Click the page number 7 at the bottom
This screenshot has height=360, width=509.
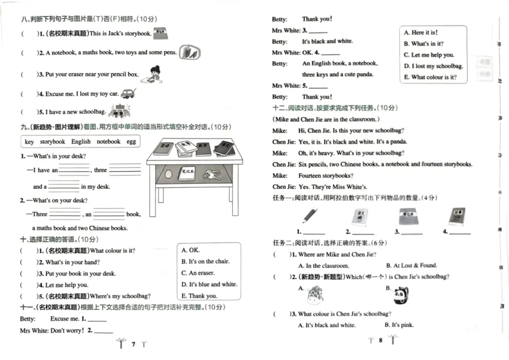pyautogui.click(x=133, y=344)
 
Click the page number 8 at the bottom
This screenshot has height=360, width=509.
pyautogui.click(x=380, y=341)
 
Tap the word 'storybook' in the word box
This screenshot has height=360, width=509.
pyautogui.click(x=53, y=141)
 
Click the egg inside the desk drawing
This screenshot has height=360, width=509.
pyautogui.click(x=167, y=173)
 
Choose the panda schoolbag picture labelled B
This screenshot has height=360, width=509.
pyautogui.click(x=400, y=294)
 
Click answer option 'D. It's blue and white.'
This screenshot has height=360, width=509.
pyautogui.click(x=209, y=284)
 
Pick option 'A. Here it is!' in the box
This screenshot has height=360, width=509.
pyautogui.click(x=421, y=32)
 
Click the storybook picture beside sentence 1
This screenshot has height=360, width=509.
pyautogui.click(x=160, y=31)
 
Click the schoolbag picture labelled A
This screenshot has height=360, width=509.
pyautogui.click(x=315, y=294)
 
